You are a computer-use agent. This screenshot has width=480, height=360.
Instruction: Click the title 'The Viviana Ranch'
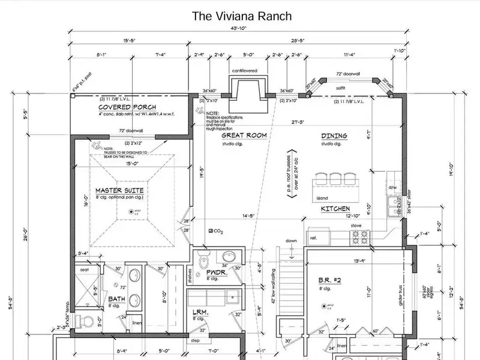241,16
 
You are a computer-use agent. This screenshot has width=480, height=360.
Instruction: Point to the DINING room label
334,136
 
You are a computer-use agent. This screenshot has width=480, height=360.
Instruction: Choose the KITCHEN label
335,208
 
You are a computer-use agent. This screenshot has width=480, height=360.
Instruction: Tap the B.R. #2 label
329,280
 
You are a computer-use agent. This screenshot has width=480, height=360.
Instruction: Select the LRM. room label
199,313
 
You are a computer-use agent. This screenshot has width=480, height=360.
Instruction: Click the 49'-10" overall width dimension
240,31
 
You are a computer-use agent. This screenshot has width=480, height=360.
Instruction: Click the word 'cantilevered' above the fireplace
244,70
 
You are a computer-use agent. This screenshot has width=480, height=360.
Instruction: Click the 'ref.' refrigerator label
313,238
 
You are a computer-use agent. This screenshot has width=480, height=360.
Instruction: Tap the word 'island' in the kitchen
322,197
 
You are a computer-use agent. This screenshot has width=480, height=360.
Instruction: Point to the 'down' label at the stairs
292,240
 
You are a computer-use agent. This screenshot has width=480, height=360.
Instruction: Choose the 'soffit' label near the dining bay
340,87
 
